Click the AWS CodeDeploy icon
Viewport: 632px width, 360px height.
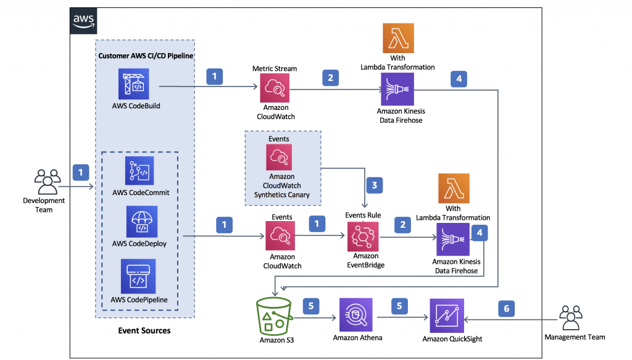[141, 222]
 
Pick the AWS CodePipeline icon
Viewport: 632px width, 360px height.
[139, 276]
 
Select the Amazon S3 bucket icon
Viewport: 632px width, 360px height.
[273, 316]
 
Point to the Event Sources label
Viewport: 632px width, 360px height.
[144, 331]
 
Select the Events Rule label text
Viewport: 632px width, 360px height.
[363, 215]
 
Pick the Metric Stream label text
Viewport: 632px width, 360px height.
[275, 69]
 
